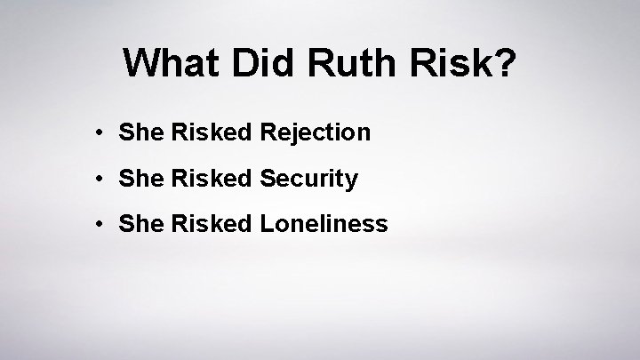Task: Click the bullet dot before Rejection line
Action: [x=104, y=133]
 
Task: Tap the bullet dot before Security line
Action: [x=104, y=179]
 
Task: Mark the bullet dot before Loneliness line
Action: [x=104, y=224]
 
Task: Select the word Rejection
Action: [x=316, y=133]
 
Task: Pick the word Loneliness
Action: [x=324, y=224]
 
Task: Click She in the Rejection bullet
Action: [x=137, y=133]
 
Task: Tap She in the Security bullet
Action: [x=137, y=179]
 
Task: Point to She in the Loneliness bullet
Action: [x=137, y=224]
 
